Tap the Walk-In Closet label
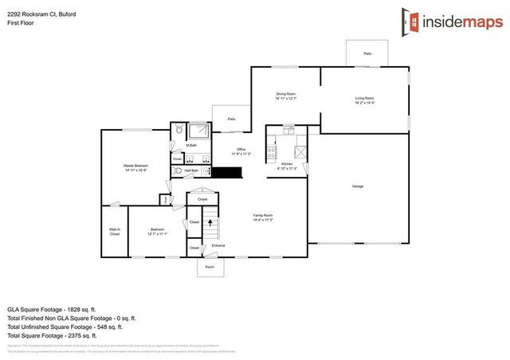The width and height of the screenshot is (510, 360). pyautogui.click(x=115, y=232)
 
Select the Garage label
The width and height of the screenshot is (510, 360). pyautogui.click(x=358, y=186)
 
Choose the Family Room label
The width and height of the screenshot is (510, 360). pyautogui.click(x=263, y=217)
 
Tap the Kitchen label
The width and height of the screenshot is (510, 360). pyautogui.click(x=287, y=165)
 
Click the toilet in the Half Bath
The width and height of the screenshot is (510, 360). pyautogui.click(x=177, y=170)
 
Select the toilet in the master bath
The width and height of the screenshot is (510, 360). pyautogui.click(x=179, y=128)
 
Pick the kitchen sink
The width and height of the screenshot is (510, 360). pyautogui.click(x=300, y=151)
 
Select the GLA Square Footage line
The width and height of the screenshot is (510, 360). pyautogui.click(x=52, y=307)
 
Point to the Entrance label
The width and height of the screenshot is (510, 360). pyautogui.click(x=218, y=245)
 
